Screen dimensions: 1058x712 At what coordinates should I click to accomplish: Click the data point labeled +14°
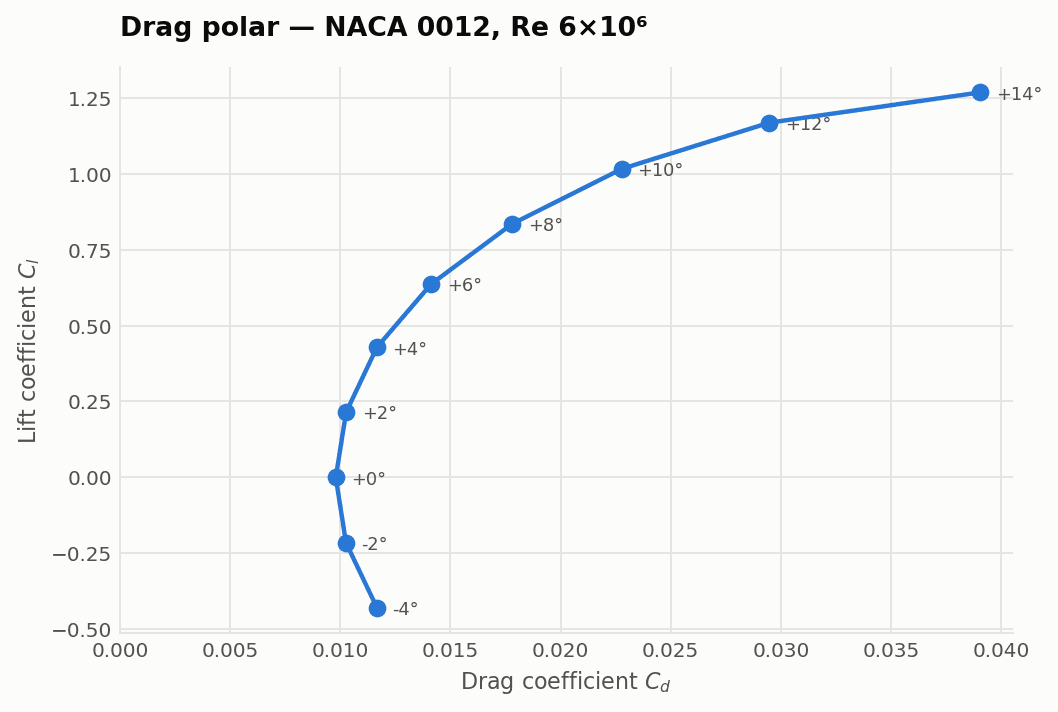(x=980, y=92)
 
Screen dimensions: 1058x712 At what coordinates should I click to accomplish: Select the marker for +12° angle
(x=769, y=123)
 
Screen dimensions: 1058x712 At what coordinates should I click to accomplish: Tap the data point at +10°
(x=622, y=169)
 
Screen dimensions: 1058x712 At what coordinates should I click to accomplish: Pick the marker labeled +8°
(x=512, y=224)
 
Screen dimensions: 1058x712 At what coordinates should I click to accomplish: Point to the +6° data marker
(x=431, y=284)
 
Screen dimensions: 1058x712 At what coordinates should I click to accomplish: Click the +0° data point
(x=336, y=477)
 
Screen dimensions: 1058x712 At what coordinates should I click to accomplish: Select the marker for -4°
(x=377, y=608)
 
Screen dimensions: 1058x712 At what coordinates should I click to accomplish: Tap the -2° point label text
(x=374, y=544)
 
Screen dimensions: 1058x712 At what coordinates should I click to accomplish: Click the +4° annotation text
(x=410, y=349)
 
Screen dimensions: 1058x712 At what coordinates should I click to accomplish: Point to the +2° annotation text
(x=380, y=413)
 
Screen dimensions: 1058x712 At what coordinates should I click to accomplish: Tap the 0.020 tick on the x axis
(x=561, y=651)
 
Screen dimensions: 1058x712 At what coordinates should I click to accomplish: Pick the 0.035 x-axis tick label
(x=891, y=651)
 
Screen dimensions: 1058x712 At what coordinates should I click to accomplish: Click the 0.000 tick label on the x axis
(x=119, y=651)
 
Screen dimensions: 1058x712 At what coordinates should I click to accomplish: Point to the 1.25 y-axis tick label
(x=89, y=99)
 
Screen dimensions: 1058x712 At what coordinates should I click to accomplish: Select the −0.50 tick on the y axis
(x=82, y=630)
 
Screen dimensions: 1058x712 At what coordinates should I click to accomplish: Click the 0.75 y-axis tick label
(x=89, y=251)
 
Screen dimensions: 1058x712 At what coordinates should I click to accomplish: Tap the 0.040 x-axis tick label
(x=1001, y=651)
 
